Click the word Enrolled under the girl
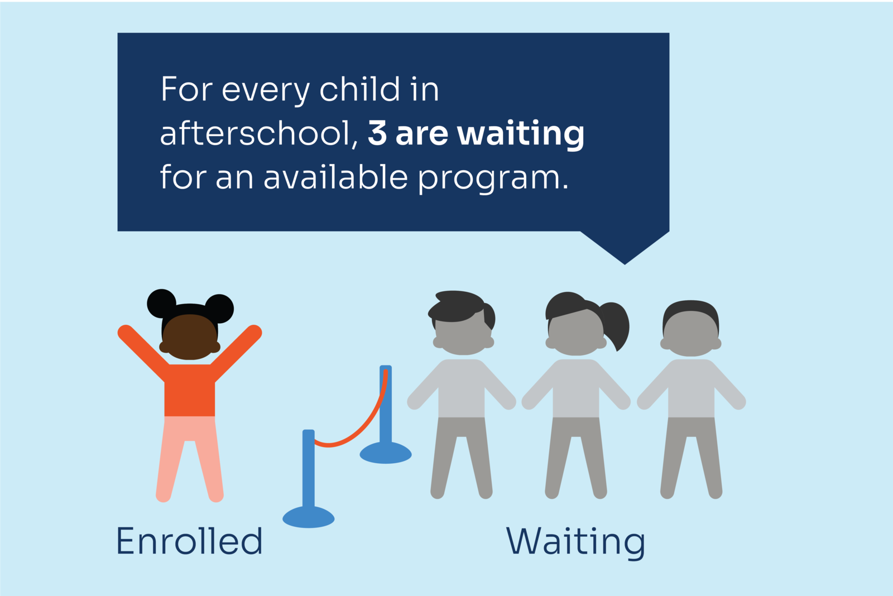(x=189, y=541)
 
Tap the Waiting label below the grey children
(x=575, y=543)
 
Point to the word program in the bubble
(x=493, y=178)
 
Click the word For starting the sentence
(x=186, y=89)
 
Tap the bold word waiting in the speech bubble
(x=521, y=134)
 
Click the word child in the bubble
(x=359, y=88)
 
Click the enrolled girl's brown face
(x=190, y=337)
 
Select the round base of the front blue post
(x=309, y=517)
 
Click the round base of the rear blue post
(x=386, y=453)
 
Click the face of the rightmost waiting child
(x=691, y=334)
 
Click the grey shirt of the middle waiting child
(x=576, y=387)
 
